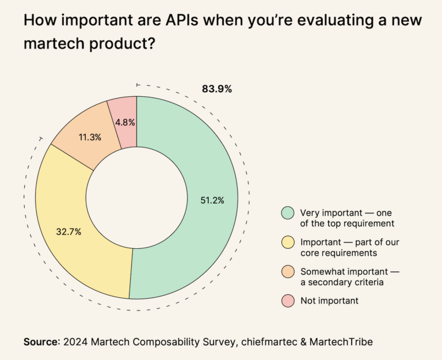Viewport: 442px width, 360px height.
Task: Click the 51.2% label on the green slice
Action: [x=212, y=200]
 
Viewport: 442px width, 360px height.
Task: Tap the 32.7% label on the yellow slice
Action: [x=68, y=232]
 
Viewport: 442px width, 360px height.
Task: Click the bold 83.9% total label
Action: [x=216, y=89]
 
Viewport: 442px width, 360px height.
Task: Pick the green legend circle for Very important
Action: [x=288, y=213]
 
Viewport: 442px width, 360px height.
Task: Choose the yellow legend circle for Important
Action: [x=288, y=242]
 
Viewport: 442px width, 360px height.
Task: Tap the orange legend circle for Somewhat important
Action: [x=288, y=272]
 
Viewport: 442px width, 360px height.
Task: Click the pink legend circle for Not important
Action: [x=288, y=300]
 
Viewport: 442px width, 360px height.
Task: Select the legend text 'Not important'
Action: [x=329, y=300]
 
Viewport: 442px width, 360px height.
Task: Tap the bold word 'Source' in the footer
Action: [x=41, y=342]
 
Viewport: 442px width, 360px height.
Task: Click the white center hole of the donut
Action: [x=136, y=198]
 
